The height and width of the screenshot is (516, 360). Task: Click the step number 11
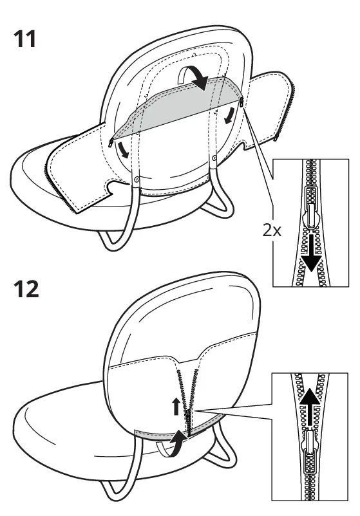pos(26,41)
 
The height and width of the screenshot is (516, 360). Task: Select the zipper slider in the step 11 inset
pos(312,212)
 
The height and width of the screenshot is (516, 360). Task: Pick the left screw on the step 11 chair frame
pos(137,180)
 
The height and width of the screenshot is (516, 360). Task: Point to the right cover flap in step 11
pos(267,109)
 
